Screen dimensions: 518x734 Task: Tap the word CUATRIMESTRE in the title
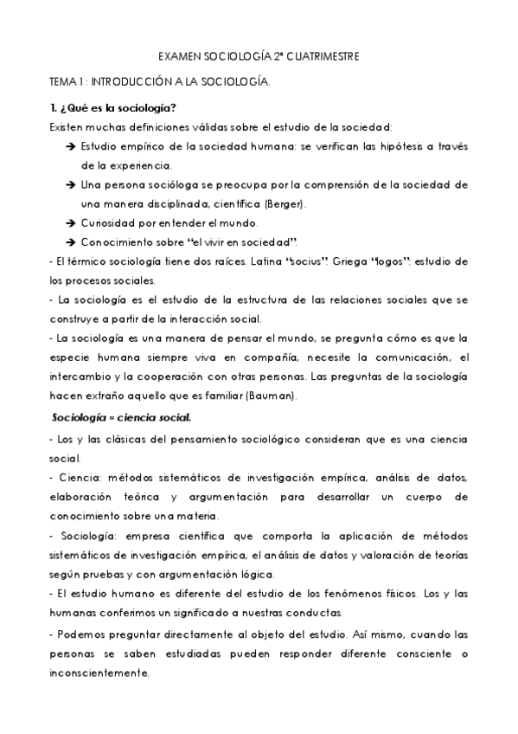[323, 56]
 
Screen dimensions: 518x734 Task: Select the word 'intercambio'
[80, 377]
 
